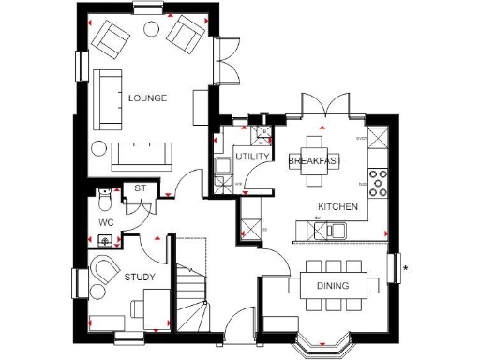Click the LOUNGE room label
coord(148,97)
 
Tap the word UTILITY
coord(252,156)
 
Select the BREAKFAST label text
coord(314,161)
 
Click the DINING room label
coord(332,285)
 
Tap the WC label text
coord(107,223)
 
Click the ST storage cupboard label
coord(142,188)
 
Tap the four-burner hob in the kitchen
coord(381,181)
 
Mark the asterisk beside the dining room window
coord(405,270)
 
